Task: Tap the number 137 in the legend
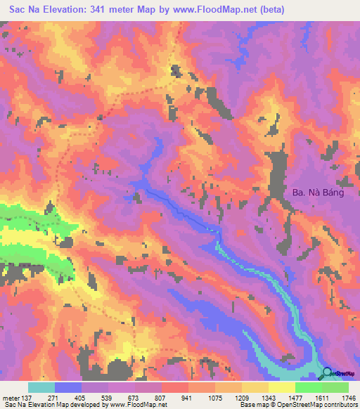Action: (28, 396)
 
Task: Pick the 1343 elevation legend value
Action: (264, 396)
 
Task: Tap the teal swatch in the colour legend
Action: (41, 387)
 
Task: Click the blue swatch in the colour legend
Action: (68, 387)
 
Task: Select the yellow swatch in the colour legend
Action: (281, 387)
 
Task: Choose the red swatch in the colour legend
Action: (174, 387)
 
